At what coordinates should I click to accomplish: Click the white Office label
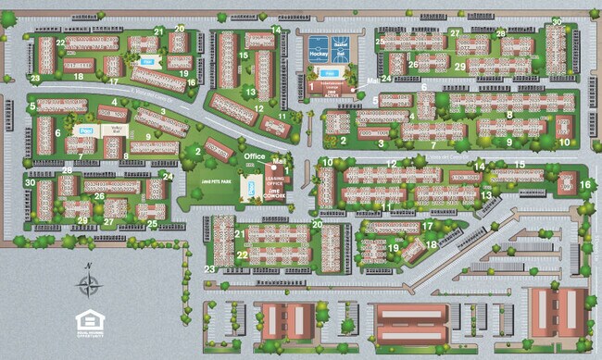[x=255, y=157]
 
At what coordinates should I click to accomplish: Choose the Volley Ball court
[x=117, y=130]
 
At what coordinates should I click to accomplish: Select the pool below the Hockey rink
[x=329, y=75]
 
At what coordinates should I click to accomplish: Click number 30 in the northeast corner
[x=558, y=22]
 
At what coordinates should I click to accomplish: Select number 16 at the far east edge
[x=584, y=184]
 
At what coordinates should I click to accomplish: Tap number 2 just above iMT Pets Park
[x=197, y=152]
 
